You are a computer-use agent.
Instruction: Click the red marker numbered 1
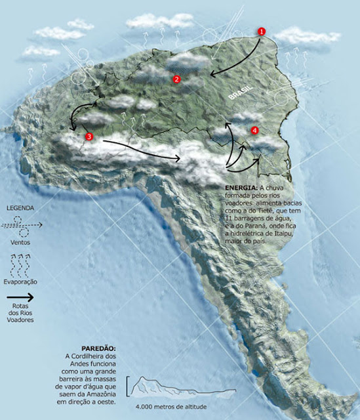tap(262, 31)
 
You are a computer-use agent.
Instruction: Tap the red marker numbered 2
tap(176, 79)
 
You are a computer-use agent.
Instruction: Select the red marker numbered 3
tap(89, 136)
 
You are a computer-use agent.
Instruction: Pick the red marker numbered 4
tap(254, 130)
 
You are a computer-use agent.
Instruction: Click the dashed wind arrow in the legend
tap(22, 224)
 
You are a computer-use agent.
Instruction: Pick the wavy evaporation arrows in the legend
tap(22, 264)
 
